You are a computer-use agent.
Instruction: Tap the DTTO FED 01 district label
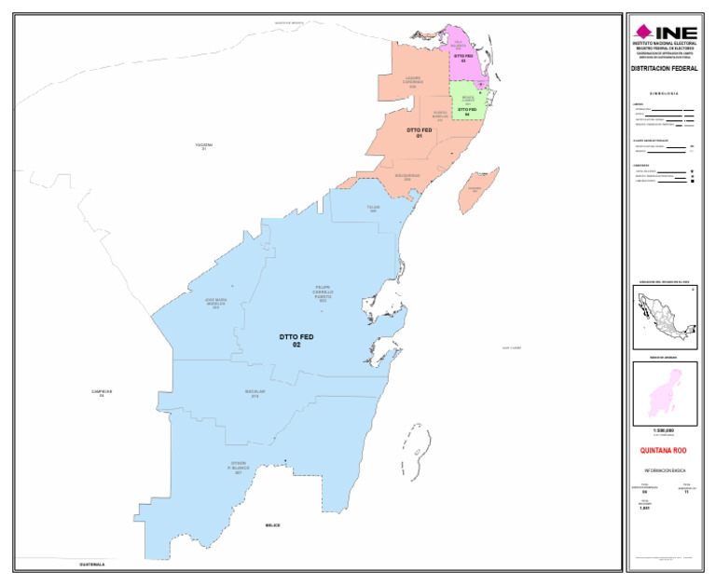coord(420,132)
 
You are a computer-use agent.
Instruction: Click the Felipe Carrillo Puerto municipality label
coord(323,293)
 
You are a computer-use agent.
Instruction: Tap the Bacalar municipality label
coord(255,393)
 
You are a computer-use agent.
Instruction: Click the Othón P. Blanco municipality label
coord(239,468)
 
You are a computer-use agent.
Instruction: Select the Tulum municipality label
coord(373,210)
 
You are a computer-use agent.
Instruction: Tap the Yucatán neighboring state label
coord(203,146)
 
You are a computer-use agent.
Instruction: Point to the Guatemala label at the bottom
coord(91,565)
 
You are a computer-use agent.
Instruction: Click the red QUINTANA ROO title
coord(664,450)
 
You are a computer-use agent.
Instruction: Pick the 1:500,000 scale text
coord(664,430)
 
